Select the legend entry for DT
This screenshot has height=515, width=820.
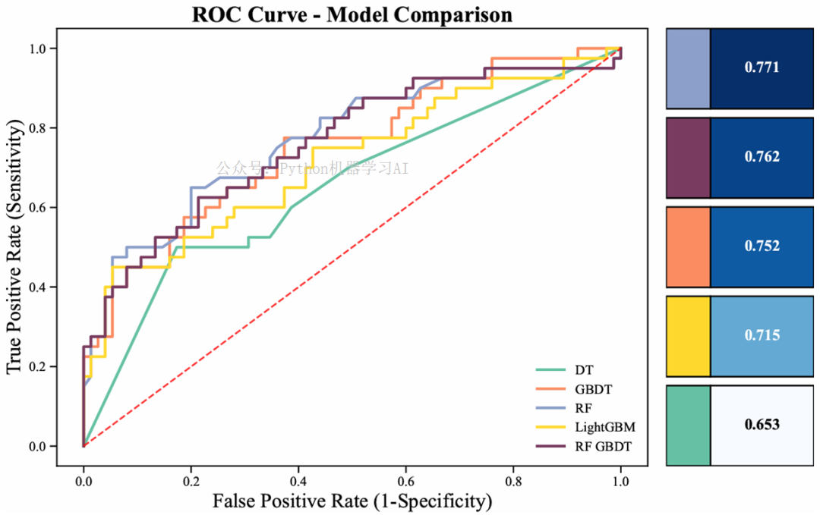[x=584, y=370]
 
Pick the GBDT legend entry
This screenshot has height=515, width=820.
[x=593, y=389]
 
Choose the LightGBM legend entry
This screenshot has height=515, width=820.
[x=604, y=427]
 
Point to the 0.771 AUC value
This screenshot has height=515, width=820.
[x=762, y=68]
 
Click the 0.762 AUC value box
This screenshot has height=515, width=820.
[x=762, y=157]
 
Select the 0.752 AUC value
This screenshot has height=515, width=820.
[x=762, y=247]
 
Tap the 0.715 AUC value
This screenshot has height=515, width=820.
[x=762, y=335]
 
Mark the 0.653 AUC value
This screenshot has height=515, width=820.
[x=762, y=425]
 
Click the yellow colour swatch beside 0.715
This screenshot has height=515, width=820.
[x=689, y=335]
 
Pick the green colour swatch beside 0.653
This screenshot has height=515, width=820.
[x=689, y=425]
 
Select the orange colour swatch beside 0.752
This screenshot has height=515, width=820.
[x=689, y=247]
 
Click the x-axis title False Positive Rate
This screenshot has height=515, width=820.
[x=352, y=501]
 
